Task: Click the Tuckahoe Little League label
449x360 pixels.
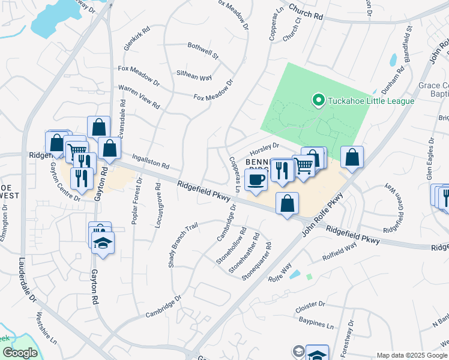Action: click(370, 100)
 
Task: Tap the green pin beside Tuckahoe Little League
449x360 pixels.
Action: click(318, 100)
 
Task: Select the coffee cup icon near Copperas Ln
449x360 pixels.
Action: click(256, 180)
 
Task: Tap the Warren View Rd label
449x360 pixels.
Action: click(139, 97)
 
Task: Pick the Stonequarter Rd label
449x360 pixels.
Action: click(256, 262)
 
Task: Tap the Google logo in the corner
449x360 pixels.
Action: click(20, 353)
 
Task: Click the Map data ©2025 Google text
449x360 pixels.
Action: click(412, 355)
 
